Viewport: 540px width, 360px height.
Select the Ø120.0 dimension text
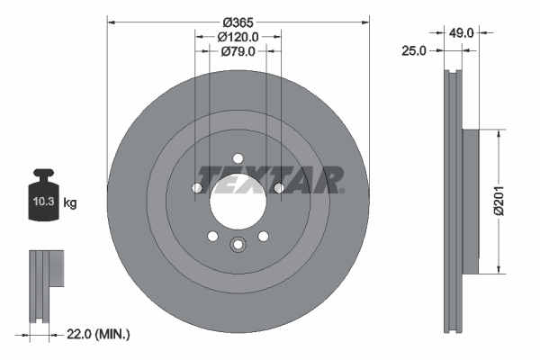238,37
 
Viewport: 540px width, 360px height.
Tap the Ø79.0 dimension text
238,51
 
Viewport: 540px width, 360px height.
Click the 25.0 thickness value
412,51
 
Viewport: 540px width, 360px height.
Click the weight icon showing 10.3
43,197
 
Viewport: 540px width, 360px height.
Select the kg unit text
70,203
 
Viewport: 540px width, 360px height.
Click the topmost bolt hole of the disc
238,158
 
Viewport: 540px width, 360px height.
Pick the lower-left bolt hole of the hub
213,236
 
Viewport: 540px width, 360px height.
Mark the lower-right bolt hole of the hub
264,236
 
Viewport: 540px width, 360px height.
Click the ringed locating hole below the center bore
238,244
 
